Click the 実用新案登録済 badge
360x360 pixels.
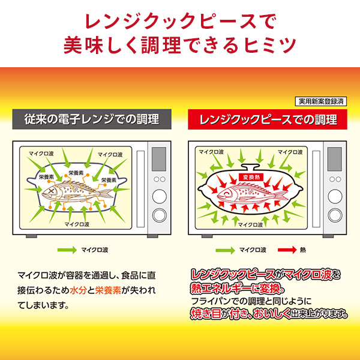point(320,101)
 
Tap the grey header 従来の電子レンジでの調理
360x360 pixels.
point(92,119)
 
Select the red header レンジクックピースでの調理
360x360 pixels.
point(268,119)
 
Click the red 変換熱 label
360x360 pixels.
point(251,177)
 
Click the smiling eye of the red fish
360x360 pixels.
point(226,193)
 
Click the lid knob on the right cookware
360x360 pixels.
point(251,166)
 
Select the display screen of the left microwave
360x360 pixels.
point(159,159)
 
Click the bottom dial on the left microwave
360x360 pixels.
point(160,215)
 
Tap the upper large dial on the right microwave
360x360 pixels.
point(335,196)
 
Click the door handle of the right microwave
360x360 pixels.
point(316,189)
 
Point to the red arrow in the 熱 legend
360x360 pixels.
point(287,250)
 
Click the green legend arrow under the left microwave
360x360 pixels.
point(67,250)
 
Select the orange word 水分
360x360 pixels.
point(78,290)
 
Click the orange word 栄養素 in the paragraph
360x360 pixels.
point(108,290)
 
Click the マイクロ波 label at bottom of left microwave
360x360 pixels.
point(77,224)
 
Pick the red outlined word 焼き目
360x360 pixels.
point(206,313)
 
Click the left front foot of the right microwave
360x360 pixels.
point(207,236)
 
